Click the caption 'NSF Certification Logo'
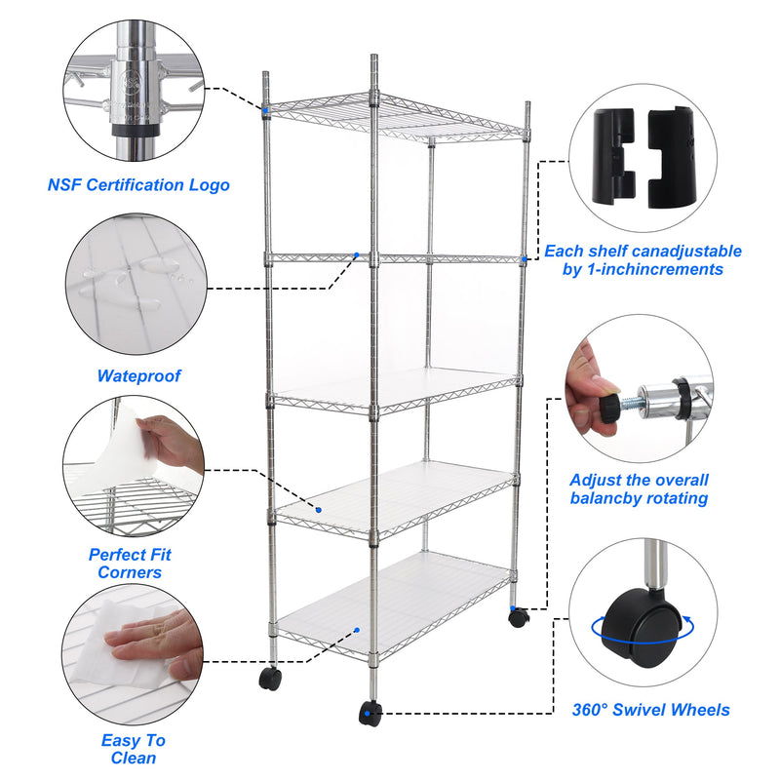139,184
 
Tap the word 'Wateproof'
138,375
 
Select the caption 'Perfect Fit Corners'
130,564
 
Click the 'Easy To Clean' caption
134,749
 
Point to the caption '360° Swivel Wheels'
651,710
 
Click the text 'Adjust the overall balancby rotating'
639,489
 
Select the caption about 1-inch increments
643,259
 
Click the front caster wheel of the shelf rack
370,713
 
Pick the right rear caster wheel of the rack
518,616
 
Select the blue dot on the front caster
367,715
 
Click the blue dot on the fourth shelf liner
319,509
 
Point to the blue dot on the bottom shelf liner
358,630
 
